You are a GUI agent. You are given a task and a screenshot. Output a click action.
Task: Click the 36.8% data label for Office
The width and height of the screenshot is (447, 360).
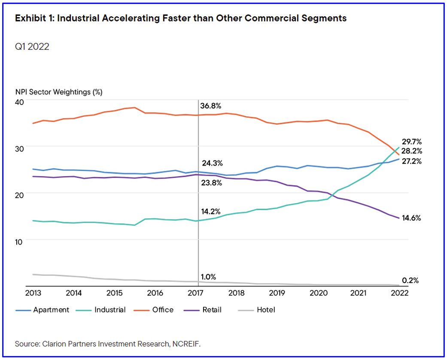(210, 106)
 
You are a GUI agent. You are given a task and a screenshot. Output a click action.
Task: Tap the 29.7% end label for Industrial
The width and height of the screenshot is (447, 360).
(412, 141)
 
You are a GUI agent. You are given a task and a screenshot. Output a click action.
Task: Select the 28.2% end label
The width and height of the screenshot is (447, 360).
(412, 151)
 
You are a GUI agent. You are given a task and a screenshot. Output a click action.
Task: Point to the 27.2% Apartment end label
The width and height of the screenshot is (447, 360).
(412, 161)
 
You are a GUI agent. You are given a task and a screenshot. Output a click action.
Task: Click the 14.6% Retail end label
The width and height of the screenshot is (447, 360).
(412, 218)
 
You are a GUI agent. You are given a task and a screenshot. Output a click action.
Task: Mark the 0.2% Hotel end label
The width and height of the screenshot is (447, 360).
(410, 281)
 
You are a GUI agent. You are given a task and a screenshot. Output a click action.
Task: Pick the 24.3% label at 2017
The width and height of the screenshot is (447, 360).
(212, 163)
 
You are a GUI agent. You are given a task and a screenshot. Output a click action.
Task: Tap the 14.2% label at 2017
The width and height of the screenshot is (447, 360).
(211, 211)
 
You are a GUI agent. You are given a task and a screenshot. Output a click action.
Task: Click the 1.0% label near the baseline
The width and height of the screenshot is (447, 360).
(209, 277)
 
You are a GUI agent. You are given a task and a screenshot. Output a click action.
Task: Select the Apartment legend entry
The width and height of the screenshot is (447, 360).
(51, 310)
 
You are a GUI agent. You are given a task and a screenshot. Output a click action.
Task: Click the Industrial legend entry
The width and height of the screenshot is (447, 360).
(110, 310)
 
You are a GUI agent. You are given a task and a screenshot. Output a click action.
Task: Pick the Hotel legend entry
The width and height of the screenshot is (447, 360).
(266, 310)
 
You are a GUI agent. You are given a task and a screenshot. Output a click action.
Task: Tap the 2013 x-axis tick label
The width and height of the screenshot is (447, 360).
(33, 293)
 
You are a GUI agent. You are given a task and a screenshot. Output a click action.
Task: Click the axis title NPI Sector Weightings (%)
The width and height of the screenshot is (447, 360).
(59, 92)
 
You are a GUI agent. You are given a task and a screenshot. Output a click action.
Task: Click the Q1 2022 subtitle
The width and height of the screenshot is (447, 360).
(32, 46)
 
